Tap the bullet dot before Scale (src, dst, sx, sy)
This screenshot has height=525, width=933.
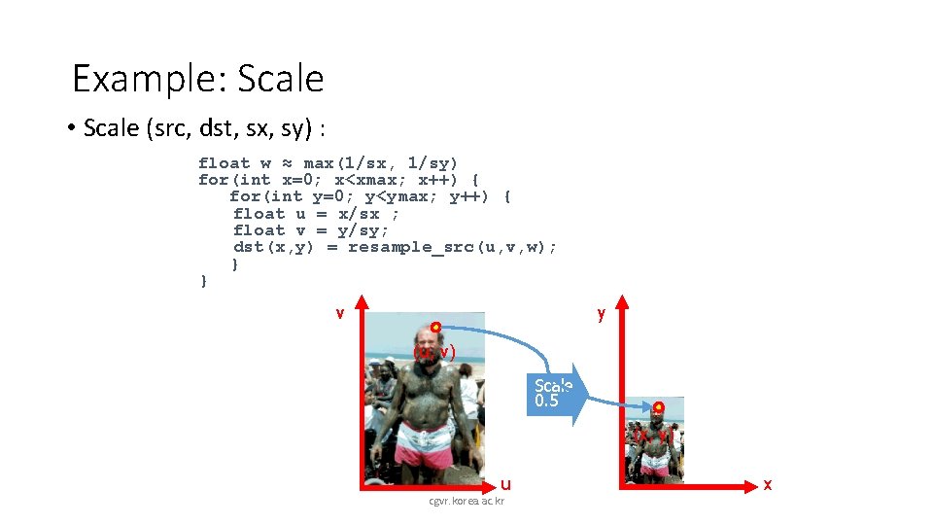(x=73, y=128)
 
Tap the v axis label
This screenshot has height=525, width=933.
(x=339, y=312)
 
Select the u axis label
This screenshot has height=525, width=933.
(x=505, y=483)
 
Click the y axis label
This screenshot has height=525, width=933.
(x=602, y=312)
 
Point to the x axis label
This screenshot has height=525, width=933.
(x=768, y=483)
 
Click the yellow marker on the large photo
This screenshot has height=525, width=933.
(x=436, y=327)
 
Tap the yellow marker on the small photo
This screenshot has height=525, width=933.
(x=658, y=406)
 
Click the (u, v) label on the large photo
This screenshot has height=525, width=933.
(x=434, y=352)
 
